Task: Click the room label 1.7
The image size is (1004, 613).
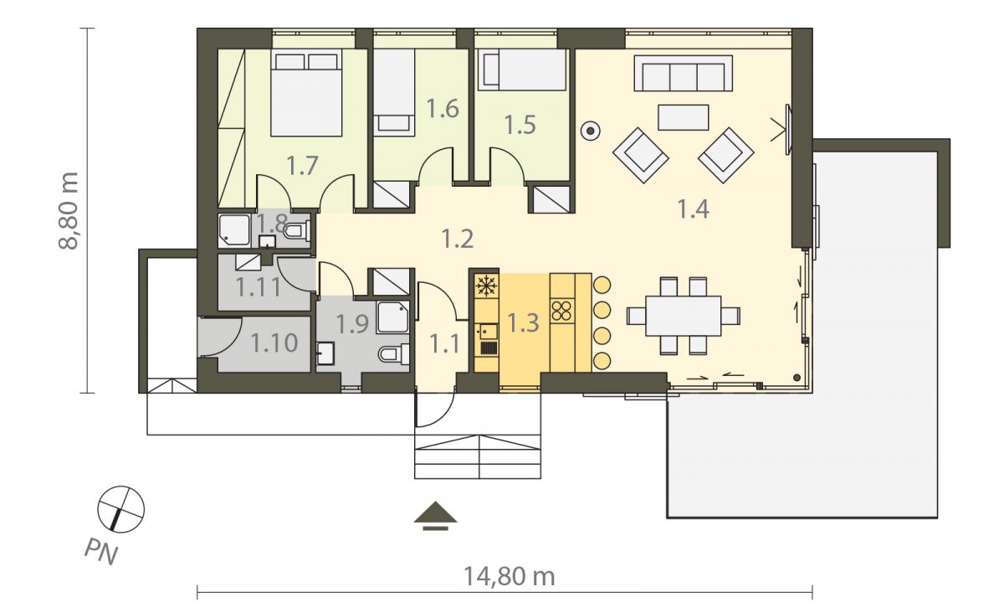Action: pos(302,166)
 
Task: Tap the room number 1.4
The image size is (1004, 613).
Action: pos(693,209)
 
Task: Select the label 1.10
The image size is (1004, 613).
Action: pos(274,343)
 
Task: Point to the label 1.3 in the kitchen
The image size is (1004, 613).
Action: pos(523,322)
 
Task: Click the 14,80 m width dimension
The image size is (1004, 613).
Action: pos(510,577)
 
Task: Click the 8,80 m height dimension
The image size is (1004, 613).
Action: pos(69,210)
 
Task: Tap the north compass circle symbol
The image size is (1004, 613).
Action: pos(121,509)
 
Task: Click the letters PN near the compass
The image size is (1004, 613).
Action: pos(101,553)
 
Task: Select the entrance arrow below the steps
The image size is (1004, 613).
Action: pos(435,516)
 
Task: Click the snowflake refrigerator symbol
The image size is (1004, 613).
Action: pos(486,286)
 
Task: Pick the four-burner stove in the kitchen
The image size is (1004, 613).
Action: pos(562,311)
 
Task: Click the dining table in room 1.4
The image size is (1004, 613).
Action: pos(683,316)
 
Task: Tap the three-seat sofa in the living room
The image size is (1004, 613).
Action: pos(683,74)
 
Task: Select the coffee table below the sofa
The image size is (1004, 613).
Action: pos(683,117)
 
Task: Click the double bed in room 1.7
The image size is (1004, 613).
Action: pos(306,92)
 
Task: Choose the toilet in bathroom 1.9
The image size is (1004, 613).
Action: pos(394,354)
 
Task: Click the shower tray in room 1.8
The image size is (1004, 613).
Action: pos(234,230)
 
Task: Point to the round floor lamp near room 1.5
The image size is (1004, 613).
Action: pos(591,131)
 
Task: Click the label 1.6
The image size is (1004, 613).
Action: pos(443,109)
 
